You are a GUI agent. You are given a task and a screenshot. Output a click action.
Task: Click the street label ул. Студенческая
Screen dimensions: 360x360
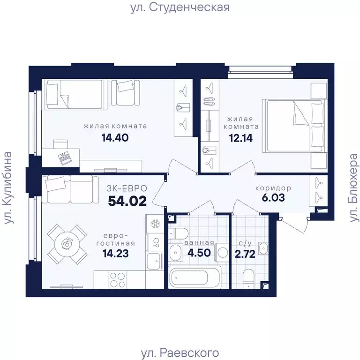(x=180, y=8)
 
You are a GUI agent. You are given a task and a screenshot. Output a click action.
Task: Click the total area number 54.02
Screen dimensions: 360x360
(x=127, y=201)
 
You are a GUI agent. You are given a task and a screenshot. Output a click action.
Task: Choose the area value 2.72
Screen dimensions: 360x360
(x=246, y=255)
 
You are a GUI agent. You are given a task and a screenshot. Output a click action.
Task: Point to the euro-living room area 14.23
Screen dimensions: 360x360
(x=115, y=255)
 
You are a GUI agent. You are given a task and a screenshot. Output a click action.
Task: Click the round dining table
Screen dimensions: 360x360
(x=67, y=244)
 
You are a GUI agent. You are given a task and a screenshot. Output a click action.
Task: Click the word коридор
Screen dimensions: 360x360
(x=273, y=188)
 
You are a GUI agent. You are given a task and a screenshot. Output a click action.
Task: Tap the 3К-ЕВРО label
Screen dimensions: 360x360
(x=127, y=188)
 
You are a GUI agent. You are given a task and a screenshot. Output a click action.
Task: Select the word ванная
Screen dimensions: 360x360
(x=200, y=243)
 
